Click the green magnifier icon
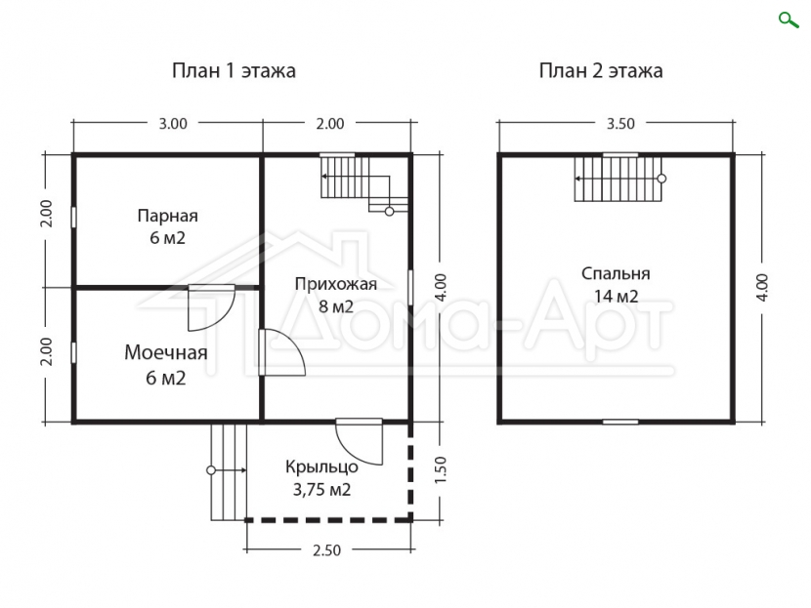click(x=789, y=20)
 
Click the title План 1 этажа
click(x=234, y=71)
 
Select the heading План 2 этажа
click(x=601, y=71)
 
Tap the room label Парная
click(x=168, y=216)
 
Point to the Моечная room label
click(x=165, y=353)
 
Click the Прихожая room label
click(x=336, y=284)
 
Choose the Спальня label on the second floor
click(x=616, y=274)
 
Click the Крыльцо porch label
click(x=321, y=466)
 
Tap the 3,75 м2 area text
click(x=321, y=489)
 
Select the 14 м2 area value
click(x=616, y=297)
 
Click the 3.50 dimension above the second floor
click(x=620, y=124)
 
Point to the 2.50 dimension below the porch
click(x=326, y=550)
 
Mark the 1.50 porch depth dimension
click(x=440, y=470)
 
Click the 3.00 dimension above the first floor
click(x=173, y=124)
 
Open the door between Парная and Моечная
click(x=211, y=307)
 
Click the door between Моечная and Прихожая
click(x=281, y=352)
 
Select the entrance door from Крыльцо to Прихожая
click(x=359, y=442)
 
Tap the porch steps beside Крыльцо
click(x=228, y=471)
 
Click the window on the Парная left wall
click(x=73, y=217)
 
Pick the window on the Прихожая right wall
click(x=410, y=287)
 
